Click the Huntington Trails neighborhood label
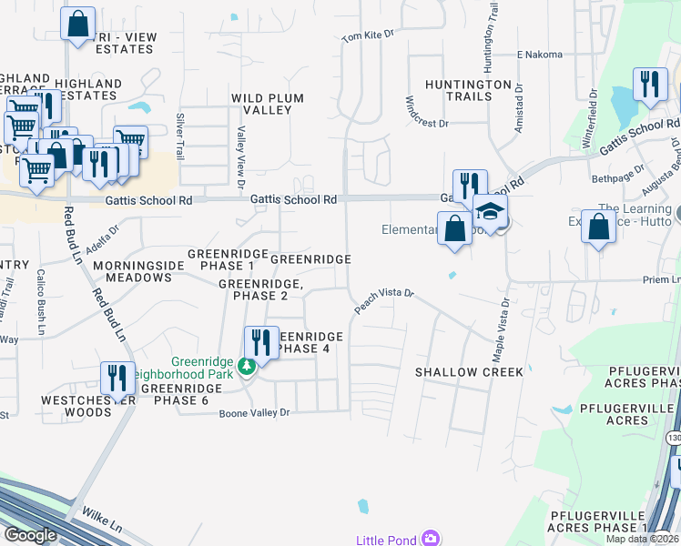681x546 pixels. coord(467,90)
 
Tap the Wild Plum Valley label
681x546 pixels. coord(268,104)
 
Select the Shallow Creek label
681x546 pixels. coord(469,372)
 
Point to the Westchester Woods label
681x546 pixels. coord(88,406)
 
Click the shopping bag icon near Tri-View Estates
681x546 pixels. coord(78,23)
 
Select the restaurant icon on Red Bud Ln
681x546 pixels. coord(117,378)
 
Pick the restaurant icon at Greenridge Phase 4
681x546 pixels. coord(261,342)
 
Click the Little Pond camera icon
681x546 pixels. coord(430,539)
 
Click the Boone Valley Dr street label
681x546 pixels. coord(254,413)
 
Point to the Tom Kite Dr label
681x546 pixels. coord(368,36)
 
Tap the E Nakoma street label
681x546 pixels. coord(540,55)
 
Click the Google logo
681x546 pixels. coord(31,535)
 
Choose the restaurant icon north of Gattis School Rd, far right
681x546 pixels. coord(647,85)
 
